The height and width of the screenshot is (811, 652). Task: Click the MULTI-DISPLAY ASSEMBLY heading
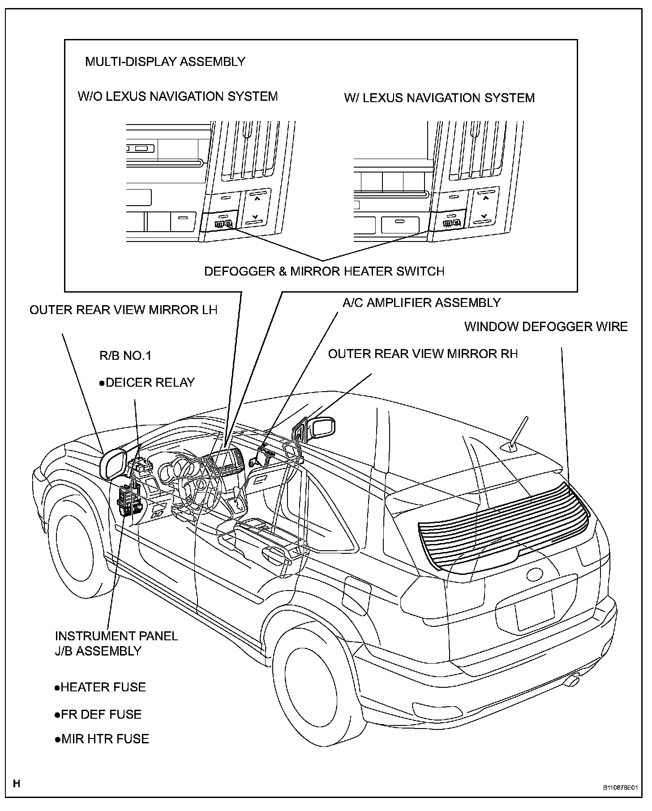pyautogui.click(x=165, y=61)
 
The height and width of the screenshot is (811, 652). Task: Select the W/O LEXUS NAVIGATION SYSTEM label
pyautogui.click(x=178, y=96)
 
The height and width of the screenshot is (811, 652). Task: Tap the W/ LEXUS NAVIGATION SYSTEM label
pyautogui.click(x=439, y=98)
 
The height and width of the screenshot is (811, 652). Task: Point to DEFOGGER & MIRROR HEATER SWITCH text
pyautogui.click(x=324, y=271)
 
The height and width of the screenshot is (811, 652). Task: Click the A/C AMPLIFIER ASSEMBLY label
pyautogui.click(x=421, y=302)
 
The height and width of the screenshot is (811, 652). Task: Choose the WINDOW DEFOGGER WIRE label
pyautogui.click(x=546, y=326)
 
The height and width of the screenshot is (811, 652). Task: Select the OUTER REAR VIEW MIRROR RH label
pyautogui.click(x=423, y=354)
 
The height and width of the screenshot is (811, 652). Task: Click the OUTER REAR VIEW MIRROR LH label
pyautogui.click(x=124, y=310)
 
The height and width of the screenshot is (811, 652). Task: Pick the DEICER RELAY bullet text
pyautogui.click(x=147, y=382)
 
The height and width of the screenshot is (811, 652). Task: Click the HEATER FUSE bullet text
pyautogui.click(x=100, y=687)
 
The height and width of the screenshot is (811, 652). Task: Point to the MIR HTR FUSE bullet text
pyautogui.click(x=102, y=738)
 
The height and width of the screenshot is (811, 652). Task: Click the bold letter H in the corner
pyautogui.click(x=17, y=783)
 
